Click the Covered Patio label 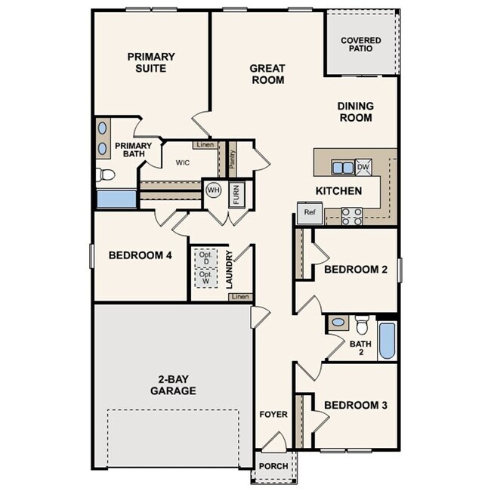tap(360, 45)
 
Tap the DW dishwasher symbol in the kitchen tap(363, 168)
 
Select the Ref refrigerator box tap(309, 213)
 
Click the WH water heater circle tap(213, 190)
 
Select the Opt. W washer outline tap(203, 278)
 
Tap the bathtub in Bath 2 tap(386, 341)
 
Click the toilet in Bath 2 tap(362, 325)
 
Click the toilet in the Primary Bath tap(106, 175)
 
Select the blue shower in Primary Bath tap(116, 199)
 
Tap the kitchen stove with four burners tap(352, 216)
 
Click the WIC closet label tap(182, 162)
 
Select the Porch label tap(273, 466)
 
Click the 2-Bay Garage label tap(172, 384)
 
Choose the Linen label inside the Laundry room tap(239, 297)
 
